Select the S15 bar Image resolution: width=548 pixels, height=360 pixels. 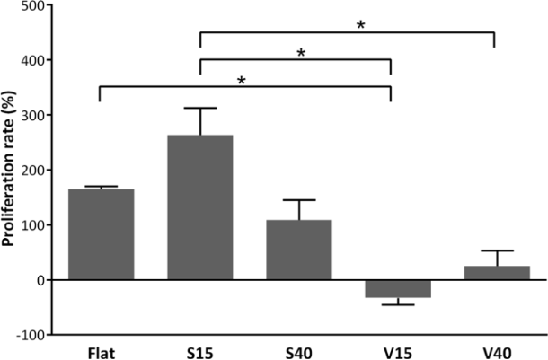tap(199, 206)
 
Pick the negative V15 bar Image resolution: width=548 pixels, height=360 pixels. tap(392, 288)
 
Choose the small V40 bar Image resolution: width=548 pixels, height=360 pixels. tap(491, 273)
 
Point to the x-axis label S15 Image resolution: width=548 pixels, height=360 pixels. tap(199, 348)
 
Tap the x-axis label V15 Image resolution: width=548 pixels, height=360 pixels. tap(392, 348)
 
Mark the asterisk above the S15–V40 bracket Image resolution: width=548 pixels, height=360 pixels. tap(360, 25)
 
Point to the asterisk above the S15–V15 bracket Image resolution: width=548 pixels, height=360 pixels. tap(302, 54)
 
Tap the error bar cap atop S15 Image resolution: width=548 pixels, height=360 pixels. tap(199, 108)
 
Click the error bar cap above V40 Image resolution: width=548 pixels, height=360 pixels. tap(491, 250)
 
